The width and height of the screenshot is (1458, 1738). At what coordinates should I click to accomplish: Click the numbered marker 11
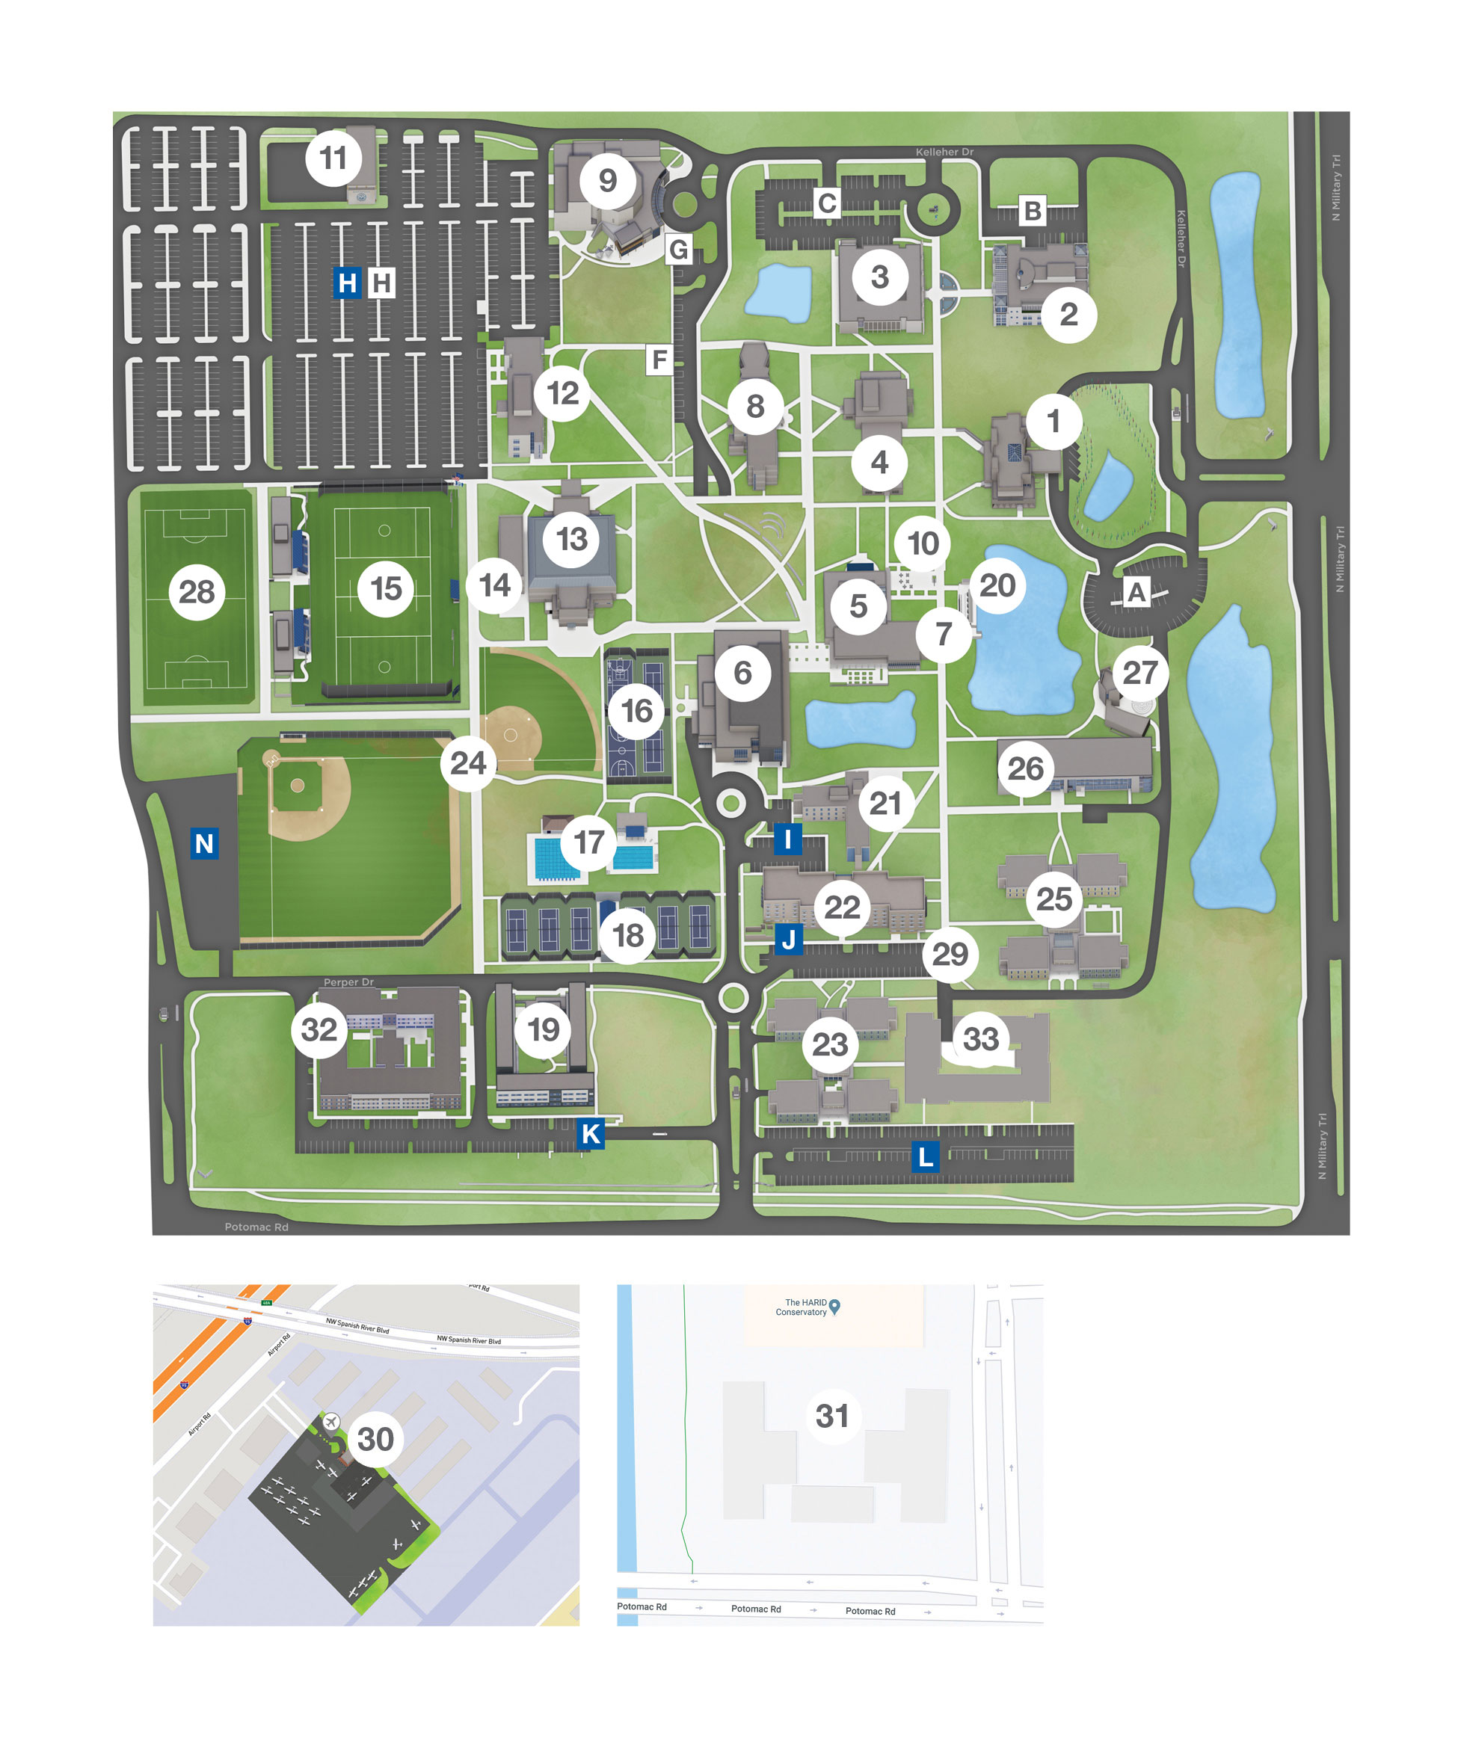coord(333,157)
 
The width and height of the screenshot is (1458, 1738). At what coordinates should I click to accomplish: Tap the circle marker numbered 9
coord(607,179)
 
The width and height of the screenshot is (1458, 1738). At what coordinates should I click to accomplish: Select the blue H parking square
coord(347,283)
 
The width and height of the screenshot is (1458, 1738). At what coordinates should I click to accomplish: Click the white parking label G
coord(678,249)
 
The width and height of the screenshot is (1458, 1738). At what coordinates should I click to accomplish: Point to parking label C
coord(826,203)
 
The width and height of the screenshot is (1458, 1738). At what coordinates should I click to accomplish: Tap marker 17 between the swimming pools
coord(588,842)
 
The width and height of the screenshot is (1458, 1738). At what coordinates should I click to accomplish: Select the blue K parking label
coord(591,1134)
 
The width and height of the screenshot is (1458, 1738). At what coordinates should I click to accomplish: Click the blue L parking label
coord(925,1156)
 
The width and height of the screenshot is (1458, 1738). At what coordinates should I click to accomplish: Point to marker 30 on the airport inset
coord(375,1439)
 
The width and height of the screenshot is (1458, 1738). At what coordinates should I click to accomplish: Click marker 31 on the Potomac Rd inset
coord(832,1416)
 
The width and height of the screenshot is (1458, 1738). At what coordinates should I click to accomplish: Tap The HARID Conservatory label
coord(801,1307)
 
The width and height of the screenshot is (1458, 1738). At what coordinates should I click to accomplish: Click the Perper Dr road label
coord(348,982)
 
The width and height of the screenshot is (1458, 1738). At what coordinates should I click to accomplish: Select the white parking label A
coord(1136,592)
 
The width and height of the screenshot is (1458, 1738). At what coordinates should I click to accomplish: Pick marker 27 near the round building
coord(1140,672)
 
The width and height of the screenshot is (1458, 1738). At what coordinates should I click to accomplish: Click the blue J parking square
coord(788,940)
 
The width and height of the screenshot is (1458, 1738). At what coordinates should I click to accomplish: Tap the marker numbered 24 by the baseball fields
coord(468,762)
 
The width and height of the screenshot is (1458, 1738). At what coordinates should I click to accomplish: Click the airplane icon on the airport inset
coord(331,1422)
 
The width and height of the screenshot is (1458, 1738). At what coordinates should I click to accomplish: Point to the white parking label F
coord(659,360)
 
